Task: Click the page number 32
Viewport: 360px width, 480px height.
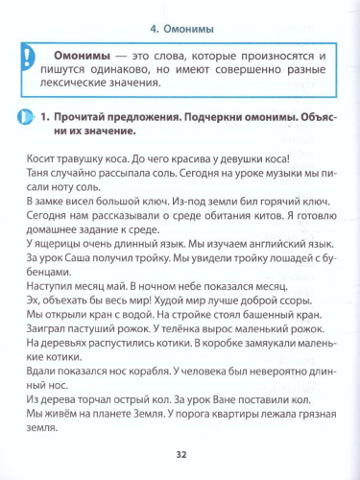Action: (180, 455)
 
